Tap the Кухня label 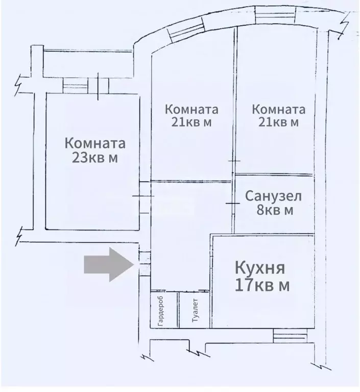point(260,268)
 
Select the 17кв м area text point(261,285)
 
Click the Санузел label point(273,196)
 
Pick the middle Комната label point(191,109)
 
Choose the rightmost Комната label point(279,109)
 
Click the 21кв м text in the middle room point(191,122)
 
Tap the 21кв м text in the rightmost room point(279,122)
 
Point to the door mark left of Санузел point(232,204)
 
